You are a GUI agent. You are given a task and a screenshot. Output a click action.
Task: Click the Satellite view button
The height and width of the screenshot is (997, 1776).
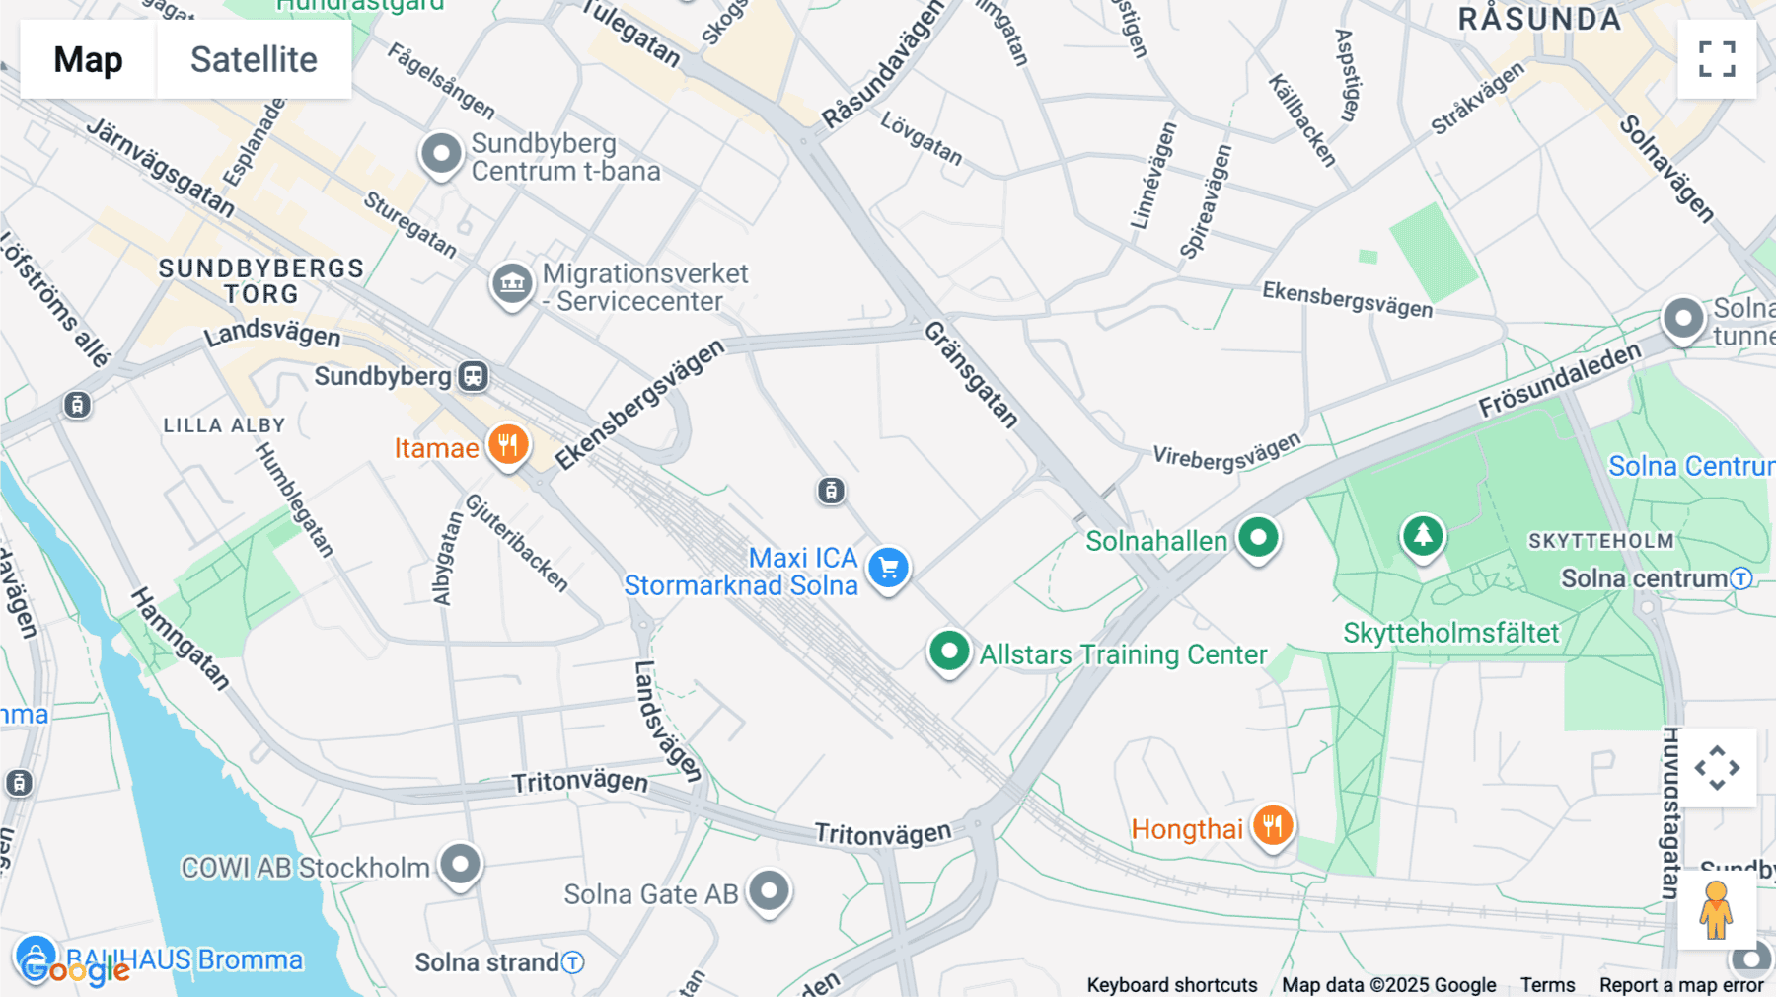(x=254, y=59)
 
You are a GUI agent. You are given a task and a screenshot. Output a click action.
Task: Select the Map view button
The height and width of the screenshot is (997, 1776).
(x=88, y=59)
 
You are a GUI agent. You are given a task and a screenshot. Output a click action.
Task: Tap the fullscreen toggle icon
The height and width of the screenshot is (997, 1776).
(x=1717, y=59)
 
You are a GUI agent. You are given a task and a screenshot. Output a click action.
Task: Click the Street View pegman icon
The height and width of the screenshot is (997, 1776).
(x=1716, y=910)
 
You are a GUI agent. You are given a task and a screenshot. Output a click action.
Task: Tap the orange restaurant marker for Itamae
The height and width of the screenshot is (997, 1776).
(x=508, y=445)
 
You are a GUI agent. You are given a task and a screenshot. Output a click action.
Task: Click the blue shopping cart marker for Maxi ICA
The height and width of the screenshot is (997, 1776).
(x=888, y=568)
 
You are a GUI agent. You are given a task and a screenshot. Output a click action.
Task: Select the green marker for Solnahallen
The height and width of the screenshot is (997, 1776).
(x=1258, y=539)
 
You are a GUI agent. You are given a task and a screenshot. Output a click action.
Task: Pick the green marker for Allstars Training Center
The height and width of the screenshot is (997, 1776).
(x=949, y=652)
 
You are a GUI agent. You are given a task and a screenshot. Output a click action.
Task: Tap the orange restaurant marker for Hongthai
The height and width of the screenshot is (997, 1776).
(x=1272, y=825)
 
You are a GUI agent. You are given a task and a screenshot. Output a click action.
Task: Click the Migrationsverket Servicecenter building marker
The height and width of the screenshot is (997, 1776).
(x=512, y=284)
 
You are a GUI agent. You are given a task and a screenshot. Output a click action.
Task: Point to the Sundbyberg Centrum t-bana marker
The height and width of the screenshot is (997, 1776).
(x=441, y=154)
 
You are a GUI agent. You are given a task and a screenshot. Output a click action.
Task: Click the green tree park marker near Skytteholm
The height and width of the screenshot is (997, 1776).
(x=1422, y=536)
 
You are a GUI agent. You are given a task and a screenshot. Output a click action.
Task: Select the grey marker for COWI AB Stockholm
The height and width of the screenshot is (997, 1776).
(x=460, y=865)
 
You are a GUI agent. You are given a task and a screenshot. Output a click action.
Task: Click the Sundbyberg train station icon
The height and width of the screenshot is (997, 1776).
(x=474, y=376)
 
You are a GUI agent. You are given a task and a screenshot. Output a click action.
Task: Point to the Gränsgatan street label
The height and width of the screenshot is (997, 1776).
(x=971, y=374)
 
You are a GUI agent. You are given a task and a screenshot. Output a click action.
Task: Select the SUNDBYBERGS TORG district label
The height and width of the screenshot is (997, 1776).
(x=260, y=281)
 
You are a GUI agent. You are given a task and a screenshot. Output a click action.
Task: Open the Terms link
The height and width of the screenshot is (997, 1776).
(x=1547, y=985)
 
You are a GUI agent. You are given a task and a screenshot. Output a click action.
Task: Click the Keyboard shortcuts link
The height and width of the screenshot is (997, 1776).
(x=1171, y=985)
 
